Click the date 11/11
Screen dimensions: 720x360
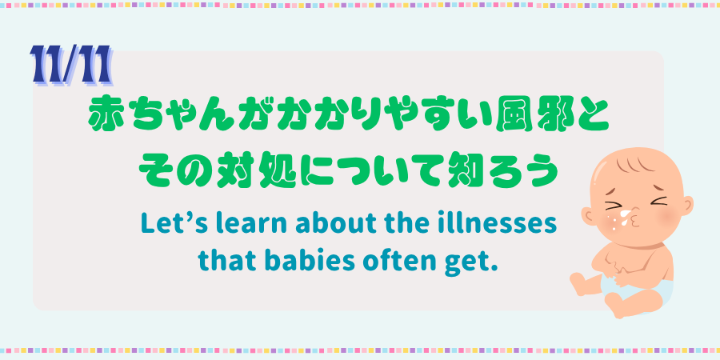(70, 65)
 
